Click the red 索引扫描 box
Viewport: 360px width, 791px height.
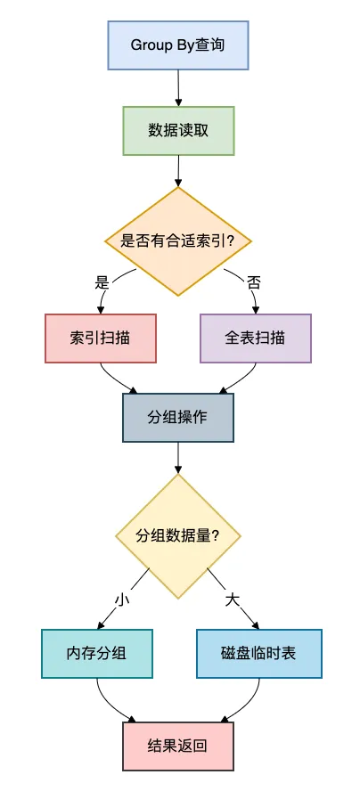click(101, 338)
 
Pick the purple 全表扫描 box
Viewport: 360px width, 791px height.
click(256, 338)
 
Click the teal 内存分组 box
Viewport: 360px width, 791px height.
click(97, 654)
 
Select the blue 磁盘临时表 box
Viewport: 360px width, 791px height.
click(258, 654)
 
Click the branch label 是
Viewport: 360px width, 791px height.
click(102, 282)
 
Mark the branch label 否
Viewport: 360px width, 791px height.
click(254, 282)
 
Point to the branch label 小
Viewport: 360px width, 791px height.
click(122, 599)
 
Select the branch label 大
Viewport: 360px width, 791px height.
click(233, 599)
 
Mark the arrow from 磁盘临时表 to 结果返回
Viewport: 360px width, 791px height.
click(247, 704)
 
